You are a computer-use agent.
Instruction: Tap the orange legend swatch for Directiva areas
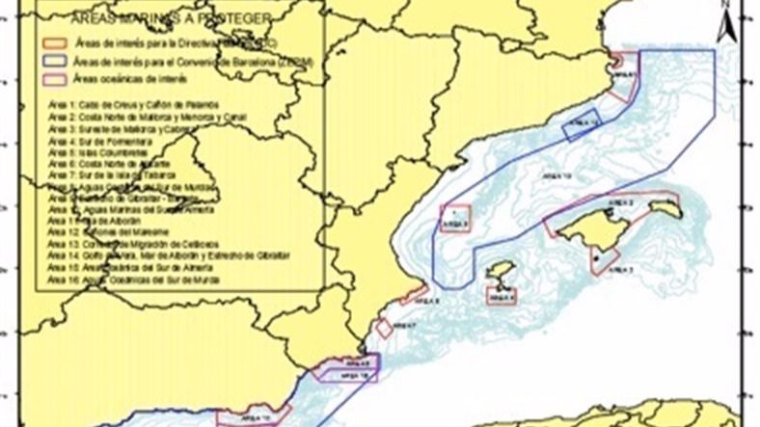pyautogui.click(x=53, y=43)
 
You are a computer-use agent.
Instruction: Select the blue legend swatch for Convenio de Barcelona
pyautogui.click(x=53, y=61)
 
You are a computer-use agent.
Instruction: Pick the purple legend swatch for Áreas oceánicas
pyautogui.click(x=53, y=77)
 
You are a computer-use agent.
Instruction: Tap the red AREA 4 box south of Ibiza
pyautogui.click(x=502, y=297)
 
